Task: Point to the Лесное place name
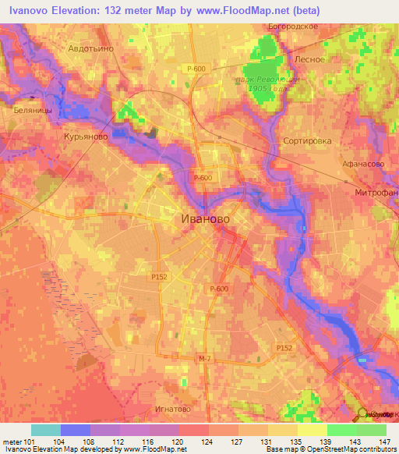[x=309, y=58]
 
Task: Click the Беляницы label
[x=33, y=111]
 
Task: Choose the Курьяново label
[x=86, y=136]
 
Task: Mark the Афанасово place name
[x=364, y=165]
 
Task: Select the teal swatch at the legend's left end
[x=45, y=430]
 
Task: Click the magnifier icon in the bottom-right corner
[x=364, y=415]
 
